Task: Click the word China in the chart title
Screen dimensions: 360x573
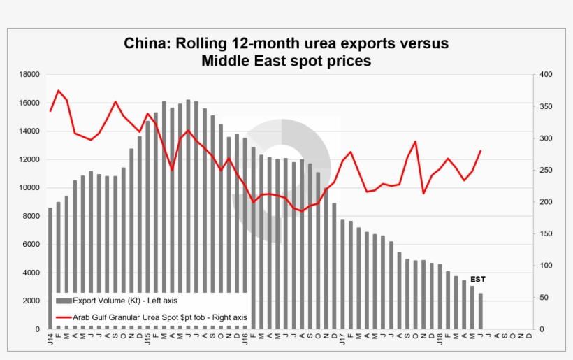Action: tap(145, 43)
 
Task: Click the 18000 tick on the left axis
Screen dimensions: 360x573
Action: tap(28, 74)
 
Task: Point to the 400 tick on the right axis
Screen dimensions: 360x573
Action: tap(544, 74)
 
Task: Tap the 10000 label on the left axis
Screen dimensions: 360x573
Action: tap(28, 188)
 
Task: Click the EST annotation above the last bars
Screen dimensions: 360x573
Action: tap(477, 279)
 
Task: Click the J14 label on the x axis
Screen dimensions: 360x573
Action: tap(50, 340)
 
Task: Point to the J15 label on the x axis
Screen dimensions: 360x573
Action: tap(147, 340)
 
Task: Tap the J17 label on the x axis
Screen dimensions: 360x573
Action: tap(342, 340)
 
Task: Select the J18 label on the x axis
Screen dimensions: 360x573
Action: tap(440, 340)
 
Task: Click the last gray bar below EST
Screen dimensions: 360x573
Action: tap(480, 311)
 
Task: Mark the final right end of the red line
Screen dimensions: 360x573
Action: tap(481, 150)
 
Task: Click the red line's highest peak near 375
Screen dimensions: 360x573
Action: tap(59, 91)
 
